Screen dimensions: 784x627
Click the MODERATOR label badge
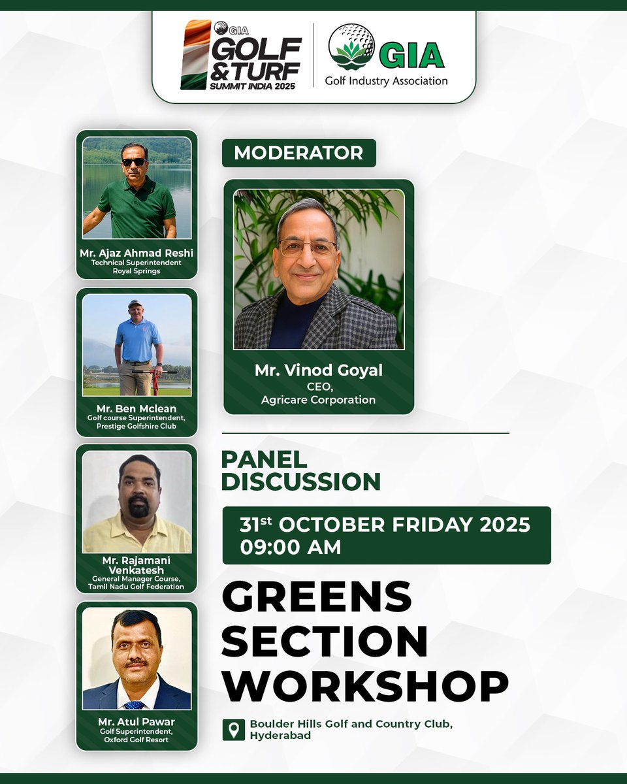tap(298, 153)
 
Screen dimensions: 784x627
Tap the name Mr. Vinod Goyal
tap(319, 370)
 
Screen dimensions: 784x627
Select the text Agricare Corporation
tap(319, 399)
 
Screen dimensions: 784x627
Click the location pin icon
tap(233, 730)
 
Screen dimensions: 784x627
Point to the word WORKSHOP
tap(365, 686)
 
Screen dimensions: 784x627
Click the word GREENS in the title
tap(317, 596)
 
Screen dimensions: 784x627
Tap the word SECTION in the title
tap(325, 641)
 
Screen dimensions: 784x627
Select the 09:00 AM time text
tap(291, 547)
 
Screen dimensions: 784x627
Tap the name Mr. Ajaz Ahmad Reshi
tap(137, 253)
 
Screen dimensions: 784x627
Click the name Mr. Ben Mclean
tap(137, 410)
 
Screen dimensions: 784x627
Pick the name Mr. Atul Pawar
tap(137, 722)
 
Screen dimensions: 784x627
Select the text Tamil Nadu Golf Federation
tap(137, 587)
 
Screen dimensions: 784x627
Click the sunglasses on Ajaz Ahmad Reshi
tap(135, 162)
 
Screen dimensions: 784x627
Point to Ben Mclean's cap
tap(135, 304)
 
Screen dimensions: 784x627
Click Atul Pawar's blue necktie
tap(135, 705)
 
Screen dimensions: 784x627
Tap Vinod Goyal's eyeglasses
tap(307, 248)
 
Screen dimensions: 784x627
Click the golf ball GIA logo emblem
tap(351, 47)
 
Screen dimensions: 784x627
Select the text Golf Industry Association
tap(386, 81)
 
